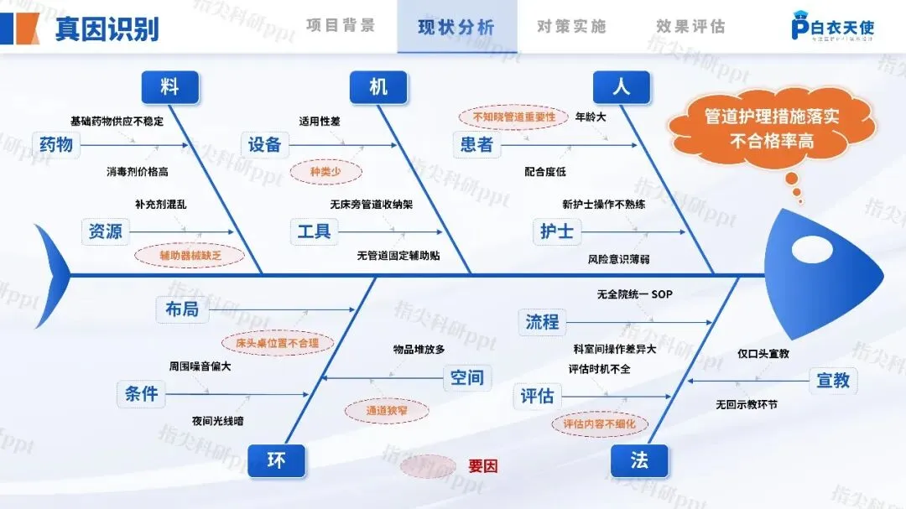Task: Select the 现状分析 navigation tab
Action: [456, 27]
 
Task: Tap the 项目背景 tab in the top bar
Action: [341, 26]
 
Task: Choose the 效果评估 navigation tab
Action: [690, 27]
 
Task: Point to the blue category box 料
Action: [170, 86]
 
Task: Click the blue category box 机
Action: [378, 86]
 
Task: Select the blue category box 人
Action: [622, 86]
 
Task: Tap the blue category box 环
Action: [277, 460]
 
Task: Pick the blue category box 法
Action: [640, 460]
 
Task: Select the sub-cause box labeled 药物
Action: [56, 144]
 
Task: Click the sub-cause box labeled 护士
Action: [557, 231]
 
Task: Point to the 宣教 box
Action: [833, 380]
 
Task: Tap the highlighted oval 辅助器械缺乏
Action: [190, 256]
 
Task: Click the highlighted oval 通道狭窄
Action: [387, 410]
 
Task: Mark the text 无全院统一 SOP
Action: [634, 294]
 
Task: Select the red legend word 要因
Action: [483, 465]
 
